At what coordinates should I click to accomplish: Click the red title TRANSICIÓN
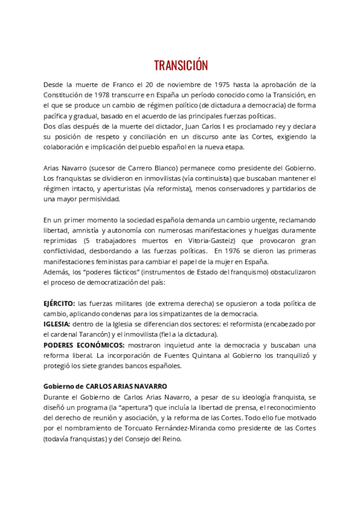(x=180, y=65)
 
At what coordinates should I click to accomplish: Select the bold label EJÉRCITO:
(x=59, y=304)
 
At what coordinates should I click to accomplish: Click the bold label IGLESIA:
(x=57, y=324)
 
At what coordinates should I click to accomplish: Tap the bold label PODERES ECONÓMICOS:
(x=83, y=345)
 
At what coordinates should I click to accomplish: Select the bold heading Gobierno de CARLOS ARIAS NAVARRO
(x=105, y=387)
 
